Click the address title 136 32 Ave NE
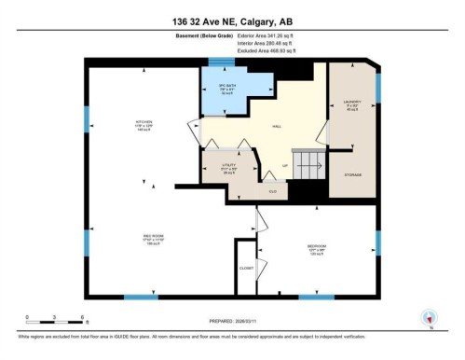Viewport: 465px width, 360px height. [232, 21]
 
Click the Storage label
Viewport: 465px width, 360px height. [353, 174]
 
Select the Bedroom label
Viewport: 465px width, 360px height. [317, 248]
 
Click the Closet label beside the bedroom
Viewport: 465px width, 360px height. [246, 267]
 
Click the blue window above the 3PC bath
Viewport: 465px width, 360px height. [221, 63]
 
